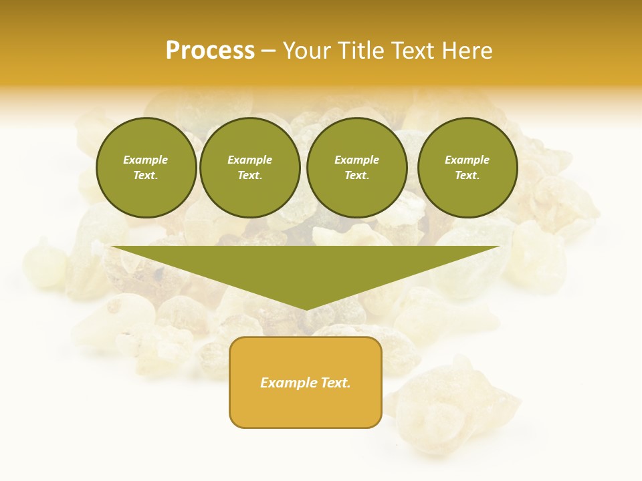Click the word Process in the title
210,51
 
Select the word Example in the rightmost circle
467,160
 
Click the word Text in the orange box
334,383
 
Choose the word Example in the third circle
356,160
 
